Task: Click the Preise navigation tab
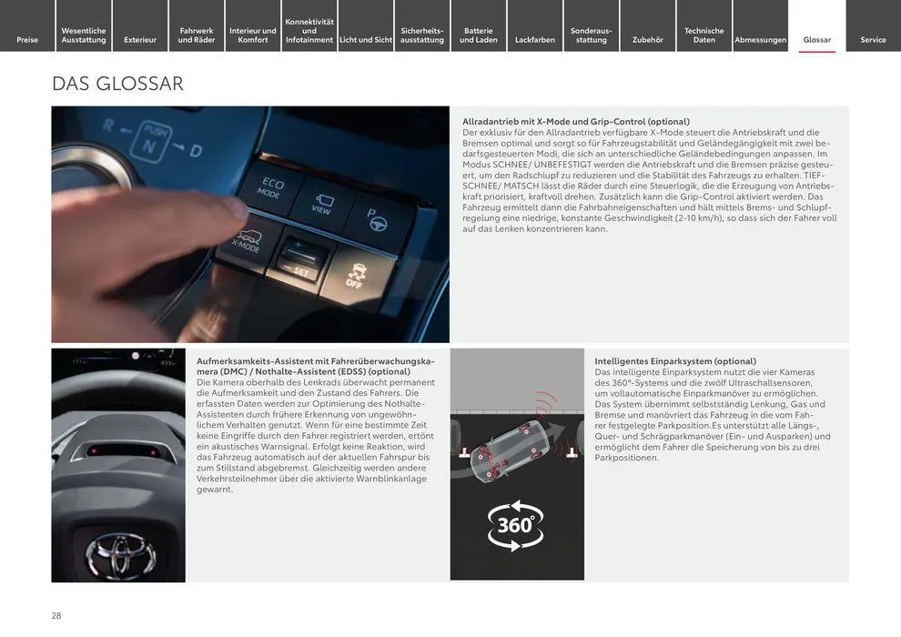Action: pos(27,25)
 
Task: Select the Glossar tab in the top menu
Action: pos(816,25)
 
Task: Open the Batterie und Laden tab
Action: pos(479,25)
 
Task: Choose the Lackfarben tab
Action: pos(535,25)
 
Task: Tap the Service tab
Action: pos(873,25)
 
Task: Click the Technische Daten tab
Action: pos(704,25)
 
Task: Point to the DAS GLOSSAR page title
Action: pos(117,84)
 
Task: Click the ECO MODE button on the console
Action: pos(270,187)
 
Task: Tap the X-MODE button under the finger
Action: pos(248,242)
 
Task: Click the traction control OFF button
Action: pos(357,275)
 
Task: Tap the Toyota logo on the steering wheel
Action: pos(121,553)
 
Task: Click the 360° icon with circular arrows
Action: pos(515,525)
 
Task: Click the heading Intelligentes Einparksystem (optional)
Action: pos(675,361)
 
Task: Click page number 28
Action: pos(56,616)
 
